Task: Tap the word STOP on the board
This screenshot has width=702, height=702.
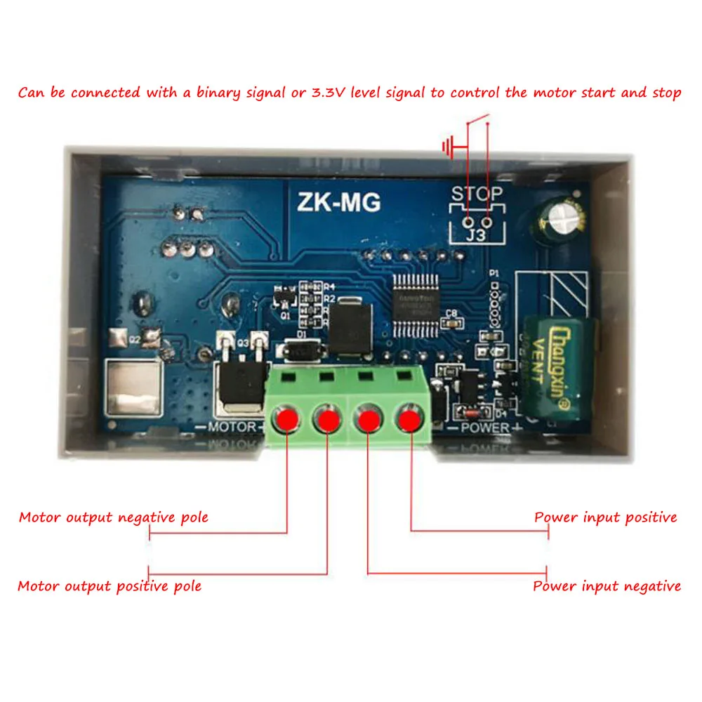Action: (x=477, y=194)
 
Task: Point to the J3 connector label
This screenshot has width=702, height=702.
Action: (x=477, y=235)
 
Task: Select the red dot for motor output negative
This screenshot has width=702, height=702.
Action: (x=287, y=420)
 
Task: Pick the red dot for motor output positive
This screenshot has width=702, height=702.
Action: (x=327, y=420)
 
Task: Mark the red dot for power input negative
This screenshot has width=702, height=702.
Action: (x=368, y=420)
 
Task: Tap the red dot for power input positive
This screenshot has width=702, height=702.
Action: (x=409, y=420)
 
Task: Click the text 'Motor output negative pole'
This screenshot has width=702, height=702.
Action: (x=114, y=518)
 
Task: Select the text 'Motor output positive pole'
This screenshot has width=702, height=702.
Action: (x=110, y=586)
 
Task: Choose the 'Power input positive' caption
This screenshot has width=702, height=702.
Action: (x=606, y=518)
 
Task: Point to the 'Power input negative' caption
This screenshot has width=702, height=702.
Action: (x=607, y=586)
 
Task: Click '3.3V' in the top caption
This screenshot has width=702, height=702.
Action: (x=327, y=93)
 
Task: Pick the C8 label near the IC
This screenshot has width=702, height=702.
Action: (x=451, y=313)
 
